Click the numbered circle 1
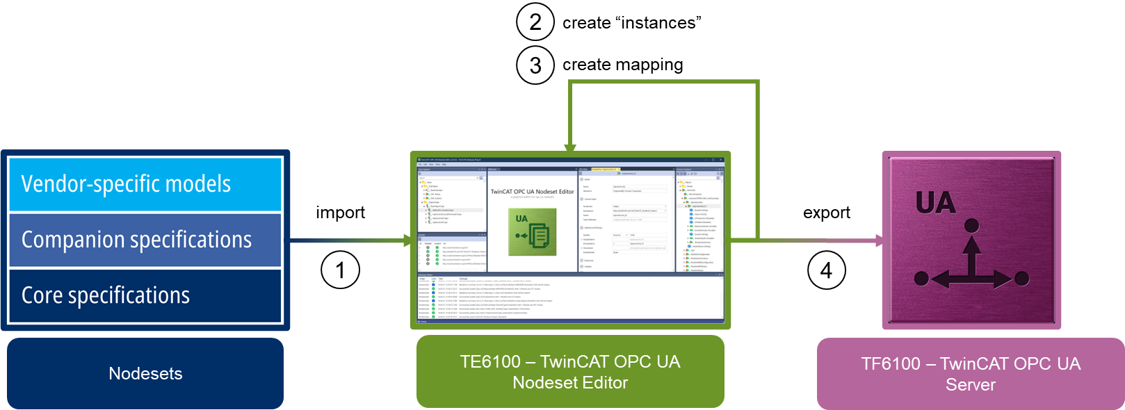click(x=340, y=270)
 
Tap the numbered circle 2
click(x=535, y=22)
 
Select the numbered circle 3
click(x=535, y=65)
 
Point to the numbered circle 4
click(x=826, y=270)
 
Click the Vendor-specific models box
click(x=145, y=184)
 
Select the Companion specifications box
click(x=145, y=240)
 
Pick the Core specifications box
click(x=145, y=295)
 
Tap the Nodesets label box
click(x=145, y=374)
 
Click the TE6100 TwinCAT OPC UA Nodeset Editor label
click(x=570, y=372)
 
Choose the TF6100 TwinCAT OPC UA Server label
click(x=971, y=374)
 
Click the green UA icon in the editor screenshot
click(x=532, y=232)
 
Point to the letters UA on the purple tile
click(x=935, y=203)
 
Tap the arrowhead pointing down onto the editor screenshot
click(x=570, y=148)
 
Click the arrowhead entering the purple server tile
click(x=880, y=240)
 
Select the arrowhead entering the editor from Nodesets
click(x=408, y=240)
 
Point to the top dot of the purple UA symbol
click(x=972, y=225)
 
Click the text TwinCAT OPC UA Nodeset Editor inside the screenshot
click(x=533, y=191)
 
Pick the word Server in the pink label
click(x=971, y=384)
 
